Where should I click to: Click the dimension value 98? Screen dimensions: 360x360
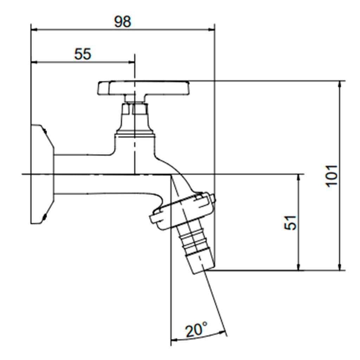(x=123, y=21)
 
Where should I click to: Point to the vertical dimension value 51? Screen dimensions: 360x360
(x=290, y=222)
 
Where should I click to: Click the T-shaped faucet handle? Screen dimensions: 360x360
(x=144, y=88)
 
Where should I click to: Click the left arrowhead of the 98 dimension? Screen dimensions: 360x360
(x=34, y=30)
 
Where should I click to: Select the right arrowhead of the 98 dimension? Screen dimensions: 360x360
(x=212, y=30)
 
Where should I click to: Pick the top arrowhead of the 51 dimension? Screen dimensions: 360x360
(x=298, y=177)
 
